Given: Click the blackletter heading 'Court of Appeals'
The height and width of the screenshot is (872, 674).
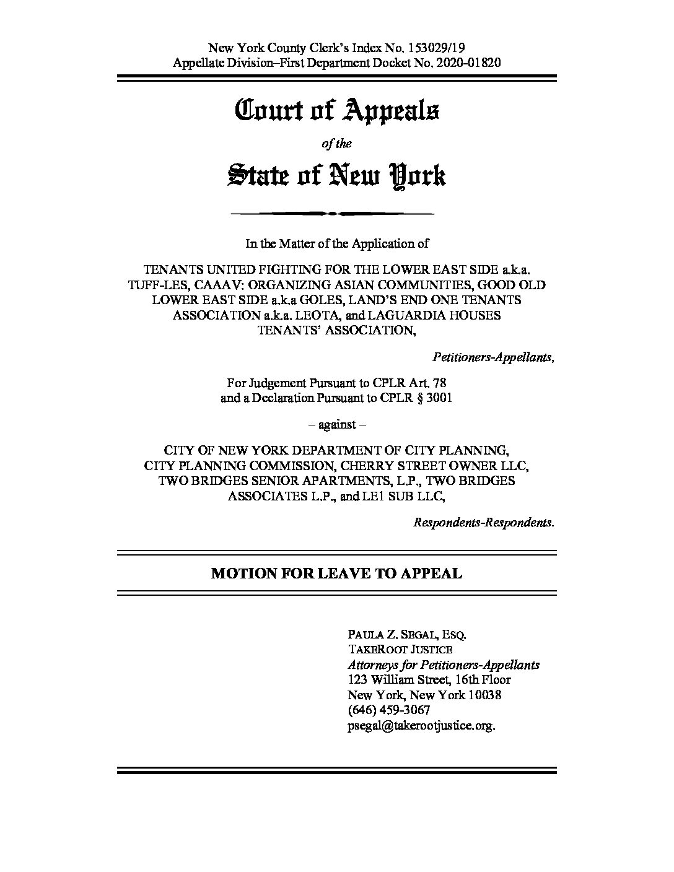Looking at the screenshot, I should [x=337, y=111].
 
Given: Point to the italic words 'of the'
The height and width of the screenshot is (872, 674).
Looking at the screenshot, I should [x=337, y=144].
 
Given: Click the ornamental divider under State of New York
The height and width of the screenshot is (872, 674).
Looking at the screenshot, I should [x=333, y=214].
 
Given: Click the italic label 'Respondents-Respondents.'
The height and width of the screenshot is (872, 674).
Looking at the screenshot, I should [x=484, y=522].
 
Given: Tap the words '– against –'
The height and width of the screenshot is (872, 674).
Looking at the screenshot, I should [x=337, y=425].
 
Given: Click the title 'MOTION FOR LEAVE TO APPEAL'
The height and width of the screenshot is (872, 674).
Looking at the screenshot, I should [x=337, y=573].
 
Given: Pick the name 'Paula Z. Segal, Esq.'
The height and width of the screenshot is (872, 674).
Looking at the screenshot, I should [x=407, y=635].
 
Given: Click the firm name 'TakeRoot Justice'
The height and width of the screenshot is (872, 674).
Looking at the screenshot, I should [x=400, y=650].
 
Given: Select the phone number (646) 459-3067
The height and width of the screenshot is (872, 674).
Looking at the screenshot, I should [x=389, y=710].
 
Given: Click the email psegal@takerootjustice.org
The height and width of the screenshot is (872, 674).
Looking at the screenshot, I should [x=422, y=726].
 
